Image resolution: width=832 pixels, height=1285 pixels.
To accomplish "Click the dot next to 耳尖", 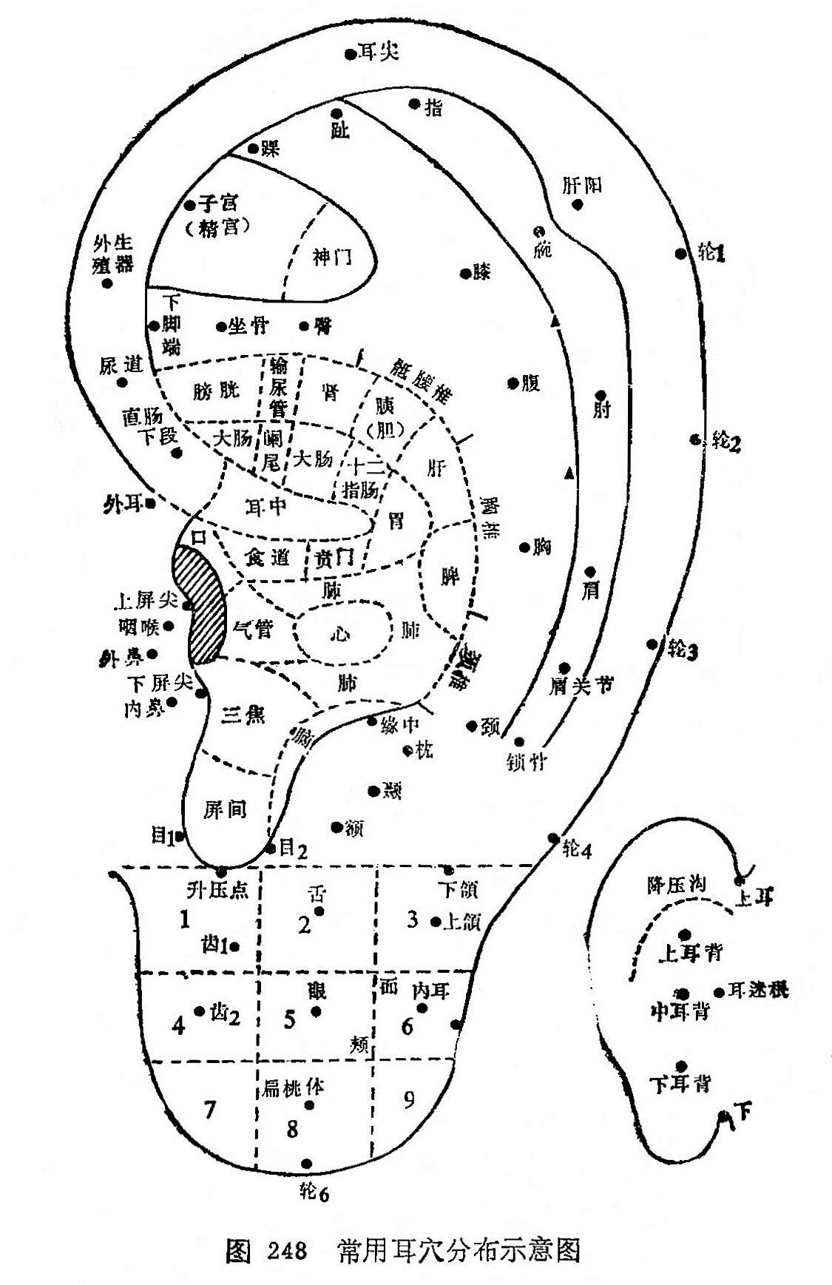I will [350, 53].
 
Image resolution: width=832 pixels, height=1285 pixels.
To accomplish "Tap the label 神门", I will [332, 258].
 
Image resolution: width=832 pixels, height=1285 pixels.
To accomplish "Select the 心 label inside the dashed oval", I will [341, 633].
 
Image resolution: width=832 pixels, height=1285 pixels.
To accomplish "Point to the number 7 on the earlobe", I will [210, 1110].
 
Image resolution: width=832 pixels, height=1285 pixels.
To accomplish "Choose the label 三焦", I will [243, 715].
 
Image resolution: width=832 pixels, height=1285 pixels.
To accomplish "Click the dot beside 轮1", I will [680, 254].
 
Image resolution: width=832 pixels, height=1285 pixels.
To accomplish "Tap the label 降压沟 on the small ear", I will [677, 885].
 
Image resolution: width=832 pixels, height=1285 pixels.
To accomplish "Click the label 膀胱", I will [217, 390].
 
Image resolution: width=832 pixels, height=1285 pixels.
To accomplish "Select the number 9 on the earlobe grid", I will [409, 1100].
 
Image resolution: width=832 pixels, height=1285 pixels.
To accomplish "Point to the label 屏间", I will [225, 809].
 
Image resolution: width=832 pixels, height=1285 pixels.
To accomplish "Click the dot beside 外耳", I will [150, 504].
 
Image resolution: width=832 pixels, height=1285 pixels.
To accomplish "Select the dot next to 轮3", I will [652, 644].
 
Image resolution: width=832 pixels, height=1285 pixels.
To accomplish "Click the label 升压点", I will [217, 890].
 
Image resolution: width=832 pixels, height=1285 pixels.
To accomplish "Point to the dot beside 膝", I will [465, 274].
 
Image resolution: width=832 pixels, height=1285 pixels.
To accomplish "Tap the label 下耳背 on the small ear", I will [680, 1085].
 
